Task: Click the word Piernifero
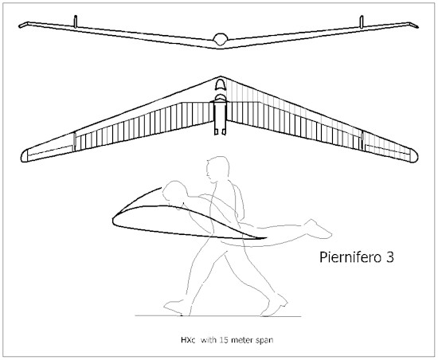(x=351, y=257)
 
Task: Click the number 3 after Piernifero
(x=390, y=257)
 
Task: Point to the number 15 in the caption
(x=223, y=340)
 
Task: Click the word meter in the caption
(x=241, y=340)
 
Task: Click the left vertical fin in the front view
(x=76, y=22)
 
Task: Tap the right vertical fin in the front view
(x=362, y=22)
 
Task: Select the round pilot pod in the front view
(x=220, y=39)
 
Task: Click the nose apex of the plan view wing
(x=221, y=76)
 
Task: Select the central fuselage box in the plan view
(x=220, y=118)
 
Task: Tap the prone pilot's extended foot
(x=319, y=229)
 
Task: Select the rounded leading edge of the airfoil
(x=113, y=220)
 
